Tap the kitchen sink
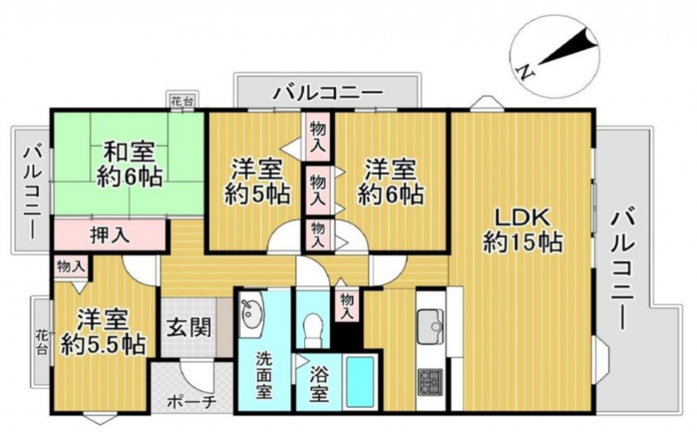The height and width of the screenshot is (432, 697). pos(430,326)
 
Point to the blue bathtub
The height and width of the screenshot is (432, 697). pos(360,381)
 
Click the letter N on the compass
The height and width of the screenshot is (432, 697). pos(525,72)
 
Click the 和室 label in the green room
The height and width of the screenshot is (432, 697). pos(129,153)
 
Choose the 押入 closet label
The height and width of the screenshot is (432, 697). pos(110,235)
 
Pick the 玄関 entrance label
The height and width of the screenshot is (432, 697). pos(189,329)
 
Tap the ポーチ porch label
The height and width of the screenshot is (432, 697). pos(192,402)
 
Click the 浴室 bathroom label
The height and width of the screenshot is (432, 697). pos(319,382)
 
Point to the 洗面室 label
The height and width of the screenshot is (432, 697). pos(263,375)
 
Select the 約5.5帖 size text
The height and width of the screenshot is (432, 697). pos(103,344)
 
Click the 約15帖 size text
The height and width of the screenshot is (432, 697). pos(523,243)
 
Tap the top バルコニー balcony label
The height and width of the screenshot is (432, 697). pos(328,93)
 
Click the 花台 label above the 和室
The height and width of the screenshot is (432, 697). pos(183,101)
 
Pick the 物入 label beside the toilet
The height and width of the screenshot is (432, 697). pos(347,305)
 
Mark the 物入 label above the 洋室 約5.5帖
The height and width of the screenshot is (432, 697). pos(71,267)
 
